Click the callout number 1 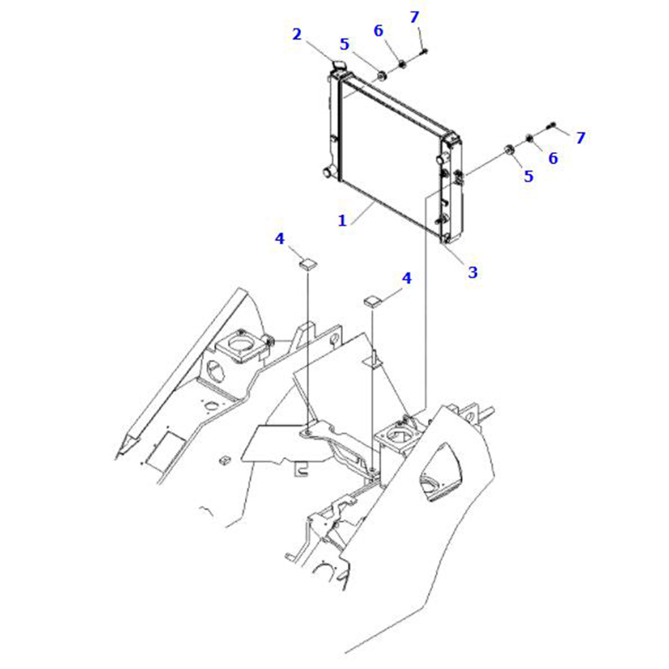pos(342,221)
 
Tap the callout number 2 pos(297,34)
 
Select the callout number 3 pos(472,272)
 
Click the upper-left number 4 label pos(279,238)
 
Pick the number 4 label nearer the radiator pos(406,278)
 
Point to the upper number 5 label pos(345,44)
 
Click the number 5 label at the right pos(529,176)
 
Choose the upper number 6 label pos(379,30)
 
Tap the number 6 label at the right pos(553,158)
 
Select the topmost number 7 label pos(414,17)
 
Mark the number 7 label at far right pos(580,137)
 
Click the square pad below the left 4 pos(308,264)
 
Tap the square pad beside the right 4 pos(372,301)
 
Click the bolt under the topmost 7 pos(424,52)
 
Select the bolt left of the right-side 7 pos(551,125)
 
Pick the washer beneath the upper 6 pos(402,64)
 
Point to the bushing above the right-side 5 pos(509,150)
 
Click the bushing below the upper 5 pos(381,76)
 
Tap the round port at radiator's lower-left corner pos(329,173)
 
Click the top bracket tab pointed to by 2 pos(338,66)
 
